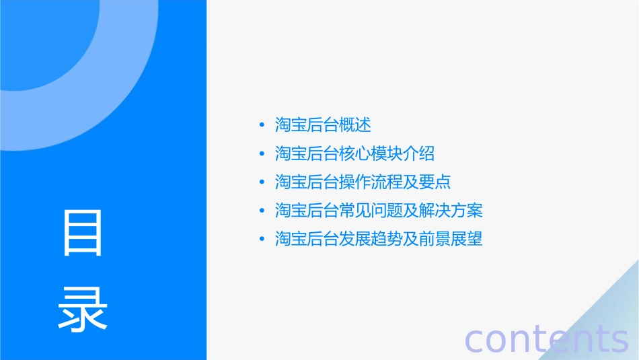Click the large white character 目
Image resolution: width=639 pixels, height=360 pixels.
tap(83, 233)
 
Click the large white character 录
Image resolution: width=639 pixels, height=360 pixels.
tap(83, 309)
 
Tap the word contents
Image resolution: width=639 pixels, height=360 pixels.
tap(546, 339)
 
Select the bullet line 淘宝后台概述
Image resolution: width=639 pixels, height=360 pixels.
tap(323, 124)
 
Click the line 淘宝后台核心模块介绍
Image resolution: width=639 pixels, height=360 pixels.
tap(354, 153)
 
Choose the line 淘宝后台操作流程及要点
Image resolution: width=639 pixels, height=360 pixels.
tap(363, 182)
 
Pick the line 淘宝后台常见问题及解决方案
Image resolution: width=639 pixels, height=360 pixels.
tap(379, 211)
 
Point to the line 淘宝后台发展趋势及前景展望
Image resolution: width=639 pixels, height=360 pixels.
tap(379, 239)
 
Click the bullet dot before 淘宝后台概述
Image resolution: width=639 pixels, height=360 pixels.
tap(262, 125)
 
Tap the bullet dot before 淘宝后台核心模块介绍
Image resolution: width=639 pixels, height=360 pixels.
tap(262, 154)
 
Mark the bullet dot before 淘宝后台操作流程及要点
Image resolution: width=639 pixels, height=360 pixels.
tap(262, 182)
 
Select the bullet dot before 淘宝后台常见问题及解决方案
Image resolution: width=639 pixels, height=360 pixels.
tap(262, 211)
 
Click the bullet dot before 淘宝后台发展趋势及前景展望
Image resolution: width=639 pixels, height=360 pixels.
tap(262, 240)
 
